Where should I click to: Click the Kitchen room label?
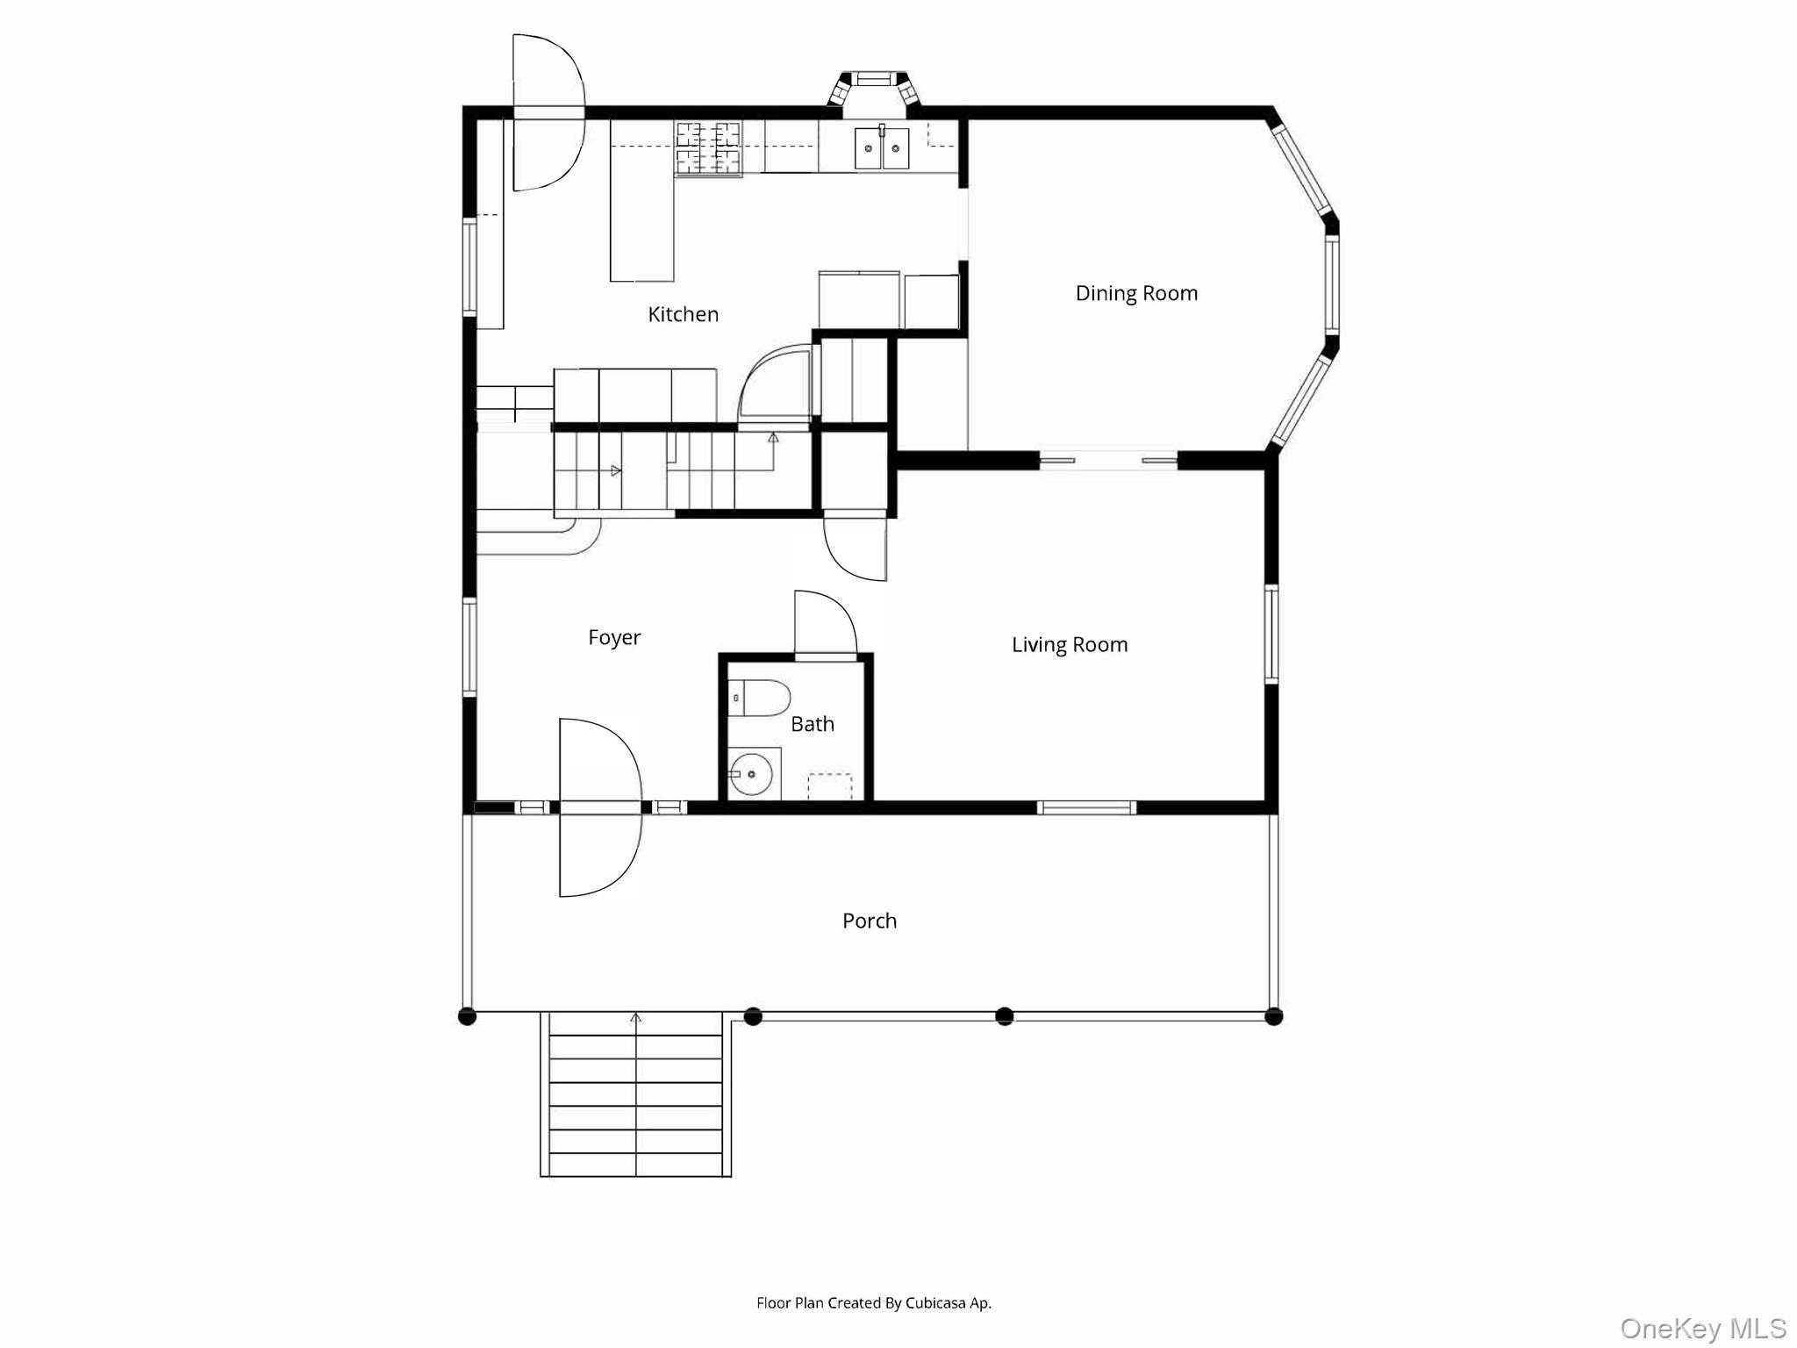(683, 314)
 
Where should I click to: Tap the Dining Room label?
(1136, 293)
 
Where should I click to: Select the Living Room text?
(1070, 645)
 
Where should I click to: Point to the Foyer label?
(614, 638)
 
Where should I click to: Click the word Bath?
(813, 724)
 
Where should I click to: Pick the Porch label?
(870, 921)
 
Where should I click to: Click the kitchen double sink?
(883, 147)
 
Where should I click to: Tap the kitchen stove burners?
(708, 147)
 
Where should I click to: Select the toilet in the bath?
(760, 698)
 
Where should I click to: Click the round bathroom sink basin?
(751, 774)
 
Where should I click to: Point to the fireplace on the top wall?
(874, 91)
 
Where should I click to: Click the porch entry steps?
(635, 1094)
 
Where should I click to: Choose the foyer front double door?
(601, 807)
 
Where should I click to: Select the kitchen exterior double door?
(548, 112)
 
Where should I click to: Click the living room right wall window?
(1271, 634)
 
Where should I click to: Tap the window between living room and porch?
(1086, 807)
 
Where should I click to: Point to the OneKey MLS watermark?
(1703, 1329)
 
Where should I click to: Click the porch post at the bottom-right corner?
(1274, 1016)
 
